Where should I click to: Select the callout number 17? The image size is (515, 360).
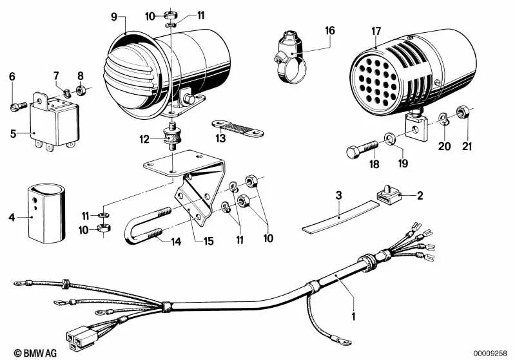pos(376,30)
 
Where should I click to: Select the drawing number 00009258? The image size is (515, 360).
pos(492,353)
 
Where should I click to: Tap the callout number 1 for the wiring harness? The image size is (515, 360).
pos(353,316)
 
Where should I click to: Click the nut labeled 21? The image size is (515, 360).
pos(462,114)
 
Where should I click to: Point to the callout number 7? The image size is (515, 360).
pos(56,76)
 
